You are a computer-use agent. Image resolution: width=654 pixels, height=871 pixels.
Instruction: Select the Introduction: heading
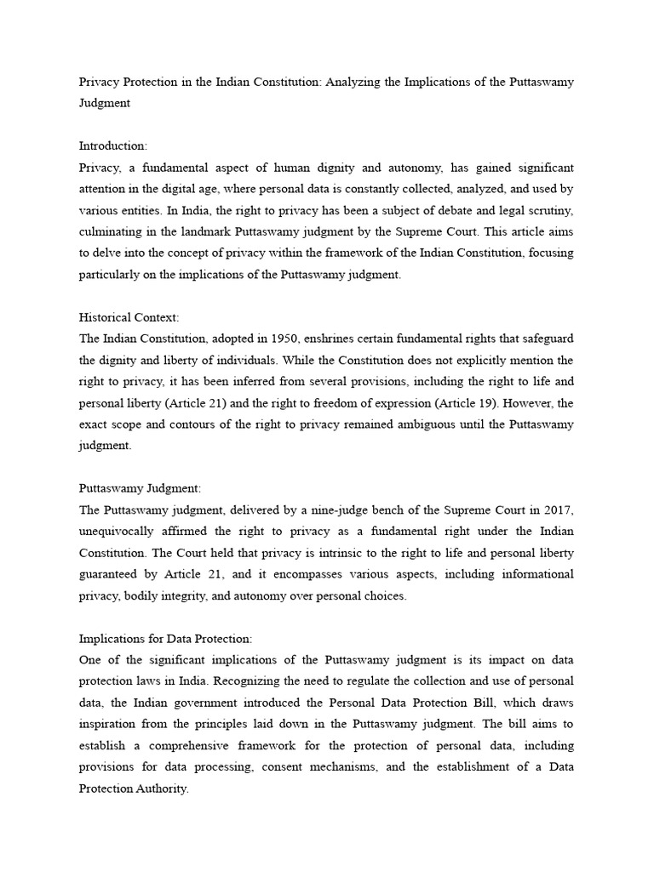pos(113,146)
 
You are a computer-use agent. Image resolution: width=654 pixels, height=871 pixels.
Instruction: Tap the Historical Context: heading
pos(129,317)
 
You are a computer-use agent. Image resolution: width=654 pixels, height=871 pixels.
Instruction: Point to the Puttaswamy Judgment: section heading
pos(140,488)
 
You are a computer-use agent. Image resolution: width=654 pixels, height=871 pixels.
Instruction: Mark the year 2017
pos(557,510)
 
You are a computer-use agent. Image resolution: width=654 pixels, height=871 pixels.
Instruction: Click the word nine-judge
pos(311,510)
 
